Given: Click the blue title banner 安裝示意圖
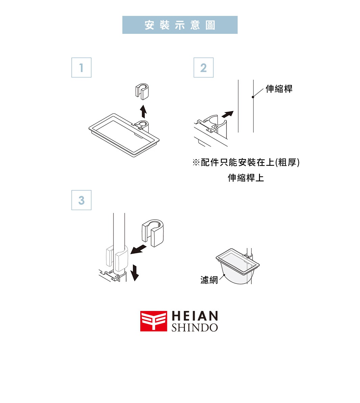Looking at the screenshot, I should click(x=180, y=25).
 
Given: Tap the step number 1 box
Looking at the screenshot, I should click(x=81, y=68).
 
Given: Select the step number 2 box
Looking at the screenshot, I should click(x=203, y=68).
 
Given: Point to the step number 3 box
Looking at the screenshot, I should click(x=81, y=200).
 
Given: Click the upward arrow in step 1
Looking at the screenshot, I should click(x=144, y=111).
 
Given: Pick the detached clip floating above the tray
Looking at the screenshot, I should click(x=142, y=91).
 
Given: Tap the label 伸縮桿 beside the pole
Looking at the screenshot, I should click(x=279, y=89).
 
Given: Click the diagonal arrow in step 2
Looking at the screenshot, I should click(x=227, y=114).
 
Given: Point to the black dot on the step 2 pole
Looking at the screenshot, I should click(x=253, y=97).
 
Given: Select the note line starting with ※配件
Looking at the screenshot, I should click(x=246, y=162).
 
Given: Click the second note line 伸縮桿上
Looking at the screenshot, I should click(x=246, y=178).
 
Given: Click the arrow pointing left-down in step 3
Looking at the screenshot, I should click(x=139, y=250).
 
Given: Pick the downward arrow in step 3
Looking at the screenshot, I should click(x=135, y=272).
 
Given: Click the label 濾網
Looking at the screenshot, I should click(x=209, y=280).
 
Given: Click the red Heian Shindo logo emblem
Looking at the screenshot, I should click(x=153, y=321).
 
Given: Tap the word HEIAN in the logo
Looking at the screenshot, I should click(x=195, y=316).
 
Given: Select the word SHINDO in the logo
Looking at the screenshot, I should click(x=195, y=328).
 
